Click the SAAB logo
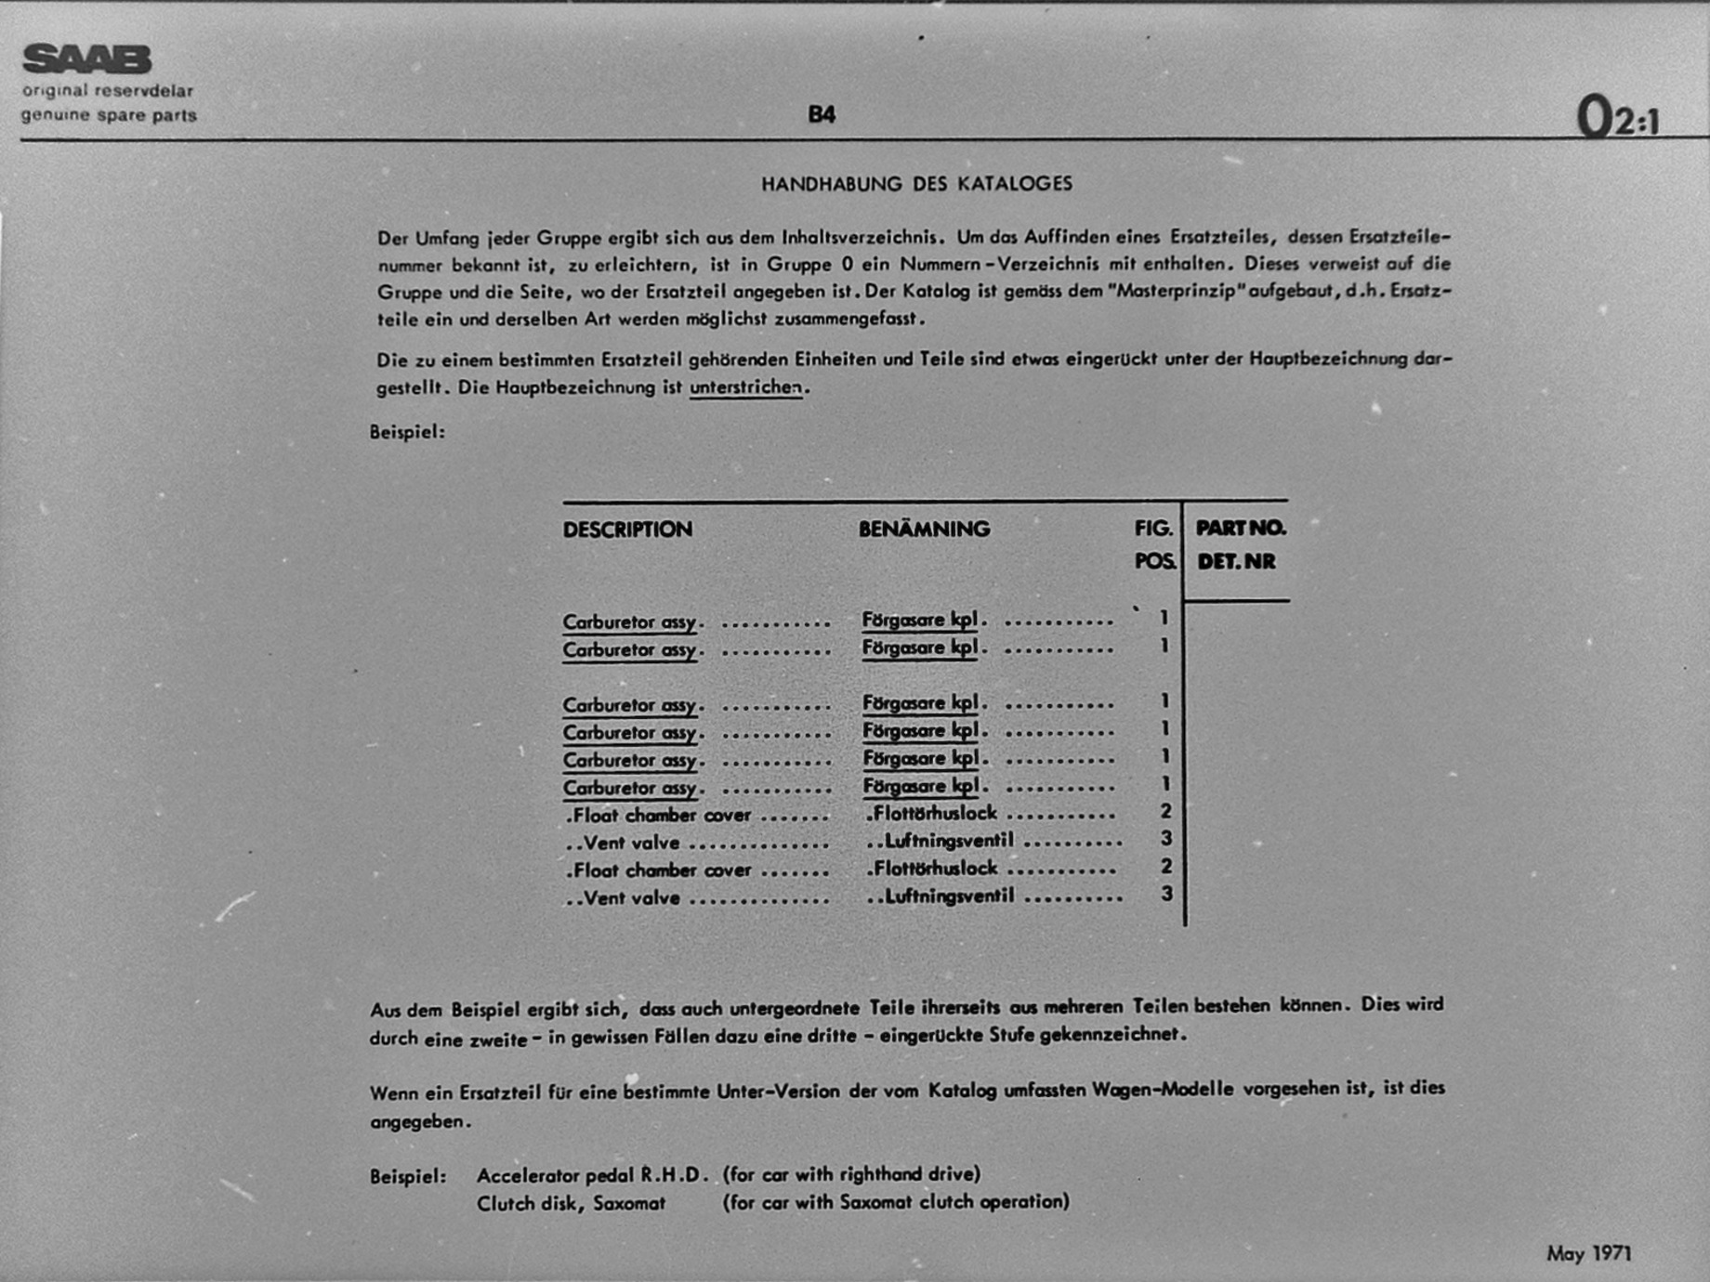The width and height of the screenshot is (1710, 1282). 86,59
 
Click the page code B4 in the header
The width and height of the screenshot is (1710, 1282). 822,115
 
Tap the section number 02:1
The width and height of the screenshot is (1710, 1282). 1617,119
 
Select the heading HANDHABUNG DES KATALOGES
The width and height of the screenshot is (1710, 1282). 916,184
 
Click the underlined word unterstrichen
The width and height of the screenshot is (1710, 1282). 745,387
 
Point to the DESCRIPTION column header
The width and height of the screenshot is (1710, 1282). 627,530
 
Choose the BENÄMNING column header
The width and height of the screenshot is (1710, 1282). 924,530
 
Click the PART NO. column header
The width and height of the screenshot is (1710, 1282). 1241,529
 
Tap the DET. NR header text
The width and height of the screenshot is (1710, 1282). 1236,562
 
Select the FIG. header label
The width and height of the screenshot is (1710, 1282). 1153,529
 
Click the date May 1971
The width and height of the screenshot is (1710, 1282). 1589,1254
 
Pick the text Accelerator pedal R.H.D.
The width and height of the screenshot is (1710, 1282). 593,1175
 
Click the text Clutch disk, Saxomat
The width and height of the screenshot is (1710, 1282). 571,1204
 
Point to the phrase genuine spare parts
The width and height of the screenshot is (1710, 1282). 109,116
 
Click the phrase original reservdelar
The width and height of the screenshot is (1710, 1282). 108,91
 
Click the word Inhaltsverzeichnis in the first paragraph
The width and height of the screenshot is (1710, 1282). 862,238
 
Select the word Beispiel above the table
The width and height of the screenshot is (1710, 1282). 407,433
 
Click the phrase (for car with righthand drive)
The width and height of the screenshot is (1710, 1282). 851,1174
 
